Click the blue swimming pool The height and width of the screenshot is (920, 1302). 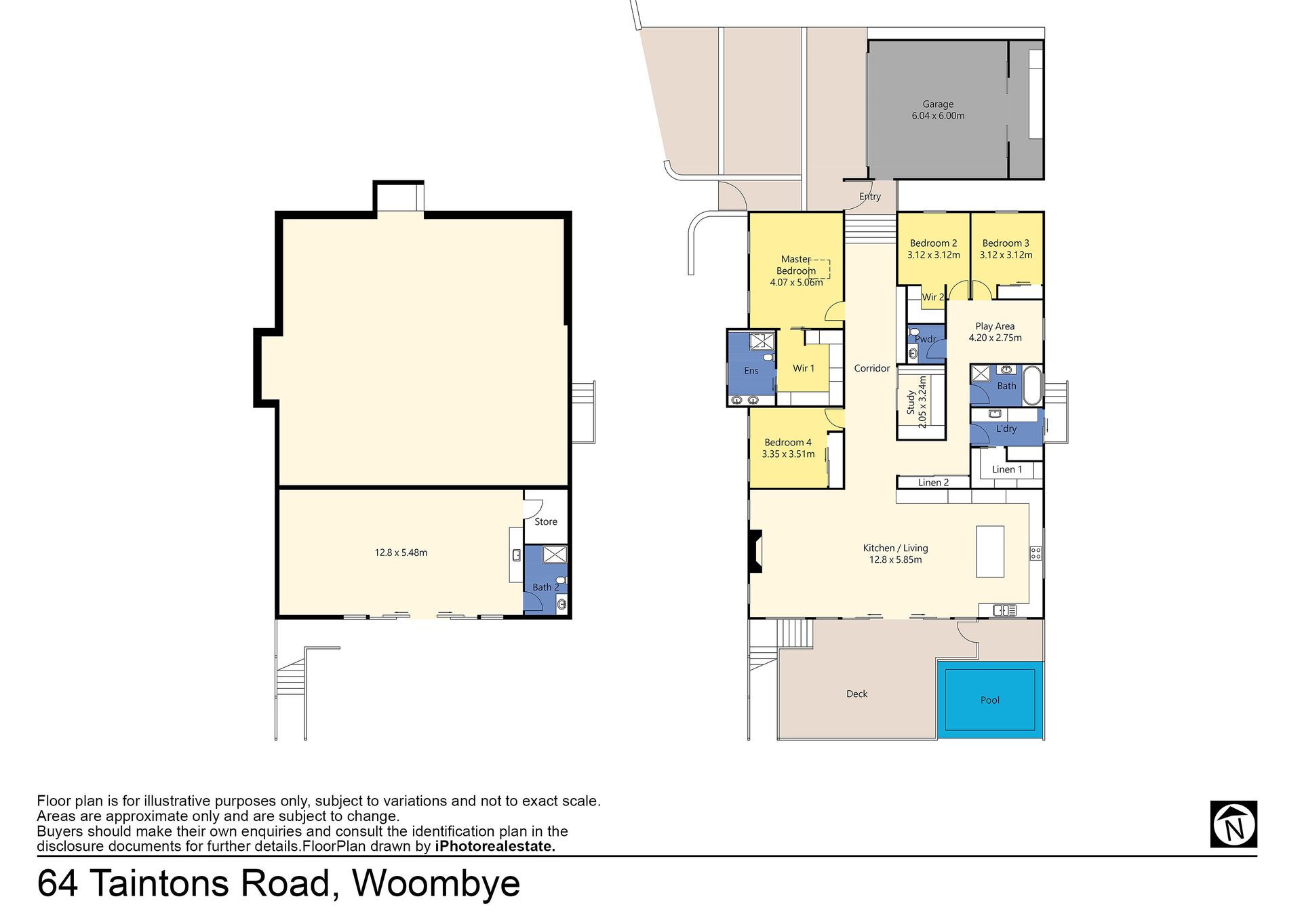coord(990,700)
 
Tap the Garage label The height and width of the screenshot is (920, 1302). coord(938,104)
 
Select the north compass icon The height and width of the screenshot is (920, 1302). coord(1234,824)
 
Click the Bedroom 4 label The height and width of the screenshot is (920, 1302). coord(788,443)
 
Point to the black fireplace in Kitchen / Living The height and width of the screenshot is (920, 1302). coord(755,551)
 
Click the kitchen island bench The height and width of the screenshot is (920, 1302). coord(990,551)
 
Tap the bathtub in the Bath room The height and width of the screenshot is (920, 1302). coord(1031,385)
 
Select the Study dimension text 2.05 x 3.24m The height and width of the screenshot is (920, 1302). coord(922,402)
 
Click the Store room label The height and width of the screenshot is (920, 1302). coord(546,522)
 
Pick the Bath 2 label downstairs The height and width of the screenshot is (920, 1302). coord(546,587)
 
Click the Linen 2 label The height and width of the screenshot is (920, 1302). coord(934,483)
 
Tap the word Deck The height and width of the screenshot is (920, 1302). coord(857,694)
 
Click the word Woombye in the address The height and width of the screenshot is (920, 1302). coord(436,884)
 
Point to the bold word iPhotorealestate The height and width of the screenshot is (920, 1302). coord(495,846)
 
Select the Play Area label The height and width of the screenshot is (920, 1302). coord(995,326)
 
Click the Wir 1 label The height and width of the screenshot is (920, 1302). coord(804,368)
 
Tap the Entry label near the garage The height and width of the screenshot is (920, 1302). coord(870,197)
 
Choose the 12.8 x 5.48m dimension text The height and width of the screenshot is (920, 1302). coord(401,553)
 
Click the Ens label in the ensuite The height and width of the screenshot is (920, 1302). coord(751,371)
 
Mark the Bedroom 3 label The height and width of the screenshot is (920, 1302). coord(1006,243)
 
